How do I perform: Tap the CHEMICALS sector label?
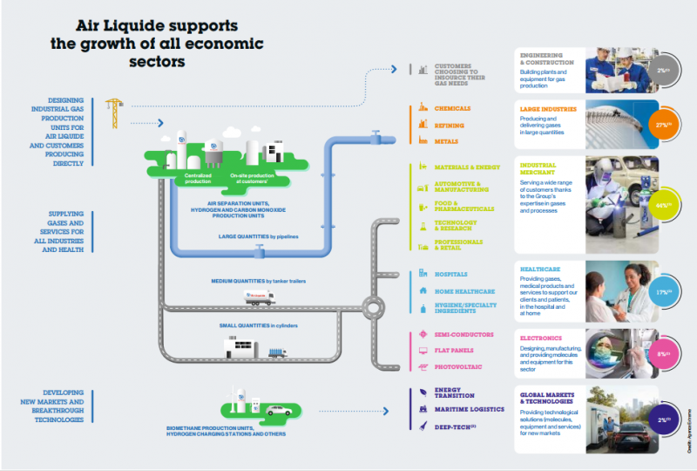[x=452, y=109]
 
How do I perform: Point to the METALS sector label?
[x=446, y=140]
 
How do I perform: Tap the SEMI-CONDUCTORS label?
[x=464, y=334]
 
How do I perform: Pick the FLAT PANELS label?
[x=455, y=351]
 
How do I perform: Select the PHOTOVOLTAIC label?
[x=458, y=367]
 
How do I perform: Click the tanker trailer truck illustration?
[x=259, y=297]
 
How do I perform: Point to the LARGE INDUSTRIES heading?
[x=546, y=110]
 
